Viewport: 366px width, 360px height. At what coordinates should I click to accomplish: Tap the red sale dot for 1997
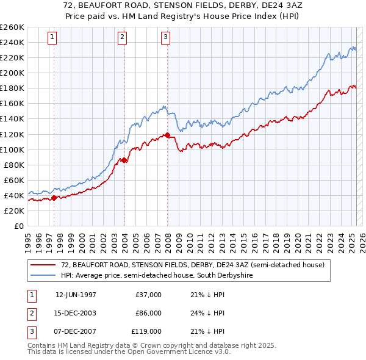[x=54, y=197]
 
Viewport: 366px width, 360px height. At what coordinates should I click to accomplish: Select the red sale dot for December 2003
[x=124, y=160]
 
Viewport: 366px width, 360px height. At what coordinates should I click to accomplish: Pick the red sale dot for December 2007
[x=167, y=134]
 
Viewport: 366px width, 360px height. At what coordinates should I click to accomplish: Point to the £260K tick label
[x=12, y=27]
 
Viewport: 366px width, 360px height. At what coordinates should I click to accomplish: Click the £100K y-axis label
[x=12, y=149]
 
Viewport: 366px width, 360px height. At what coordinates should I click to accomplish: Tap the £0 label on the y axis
[x=18, y=226]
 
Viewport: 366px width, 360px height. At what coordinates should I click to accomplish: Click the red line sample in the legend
[x=43, y=265]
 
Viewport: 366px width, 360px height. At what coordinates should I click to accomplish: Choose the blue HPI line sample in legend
[x=43, y=275]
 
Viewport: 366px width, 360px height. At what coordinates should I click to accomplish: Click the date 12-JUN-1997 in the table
[x=76, y=295]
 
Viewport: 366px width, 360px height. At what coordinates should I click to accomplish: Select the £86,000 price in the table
[x=148, y=313]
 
